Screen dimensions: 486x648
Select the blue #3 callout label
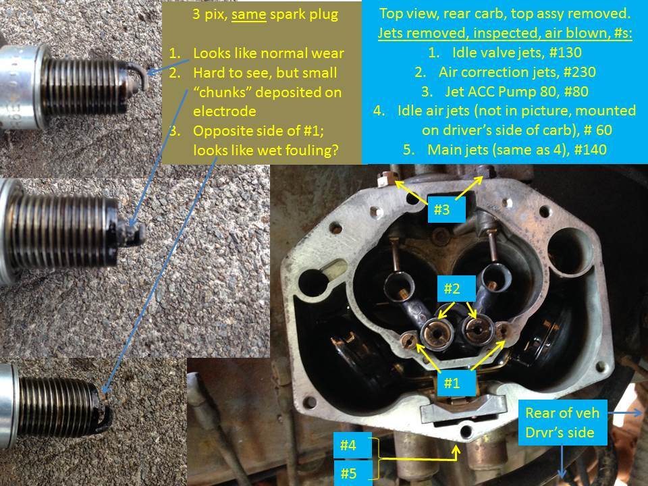tap(441, 210)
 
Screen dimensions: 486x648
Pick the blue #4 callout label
tap(348, 446)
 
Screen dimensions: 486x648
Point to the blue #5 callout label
tap(348, 473)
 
